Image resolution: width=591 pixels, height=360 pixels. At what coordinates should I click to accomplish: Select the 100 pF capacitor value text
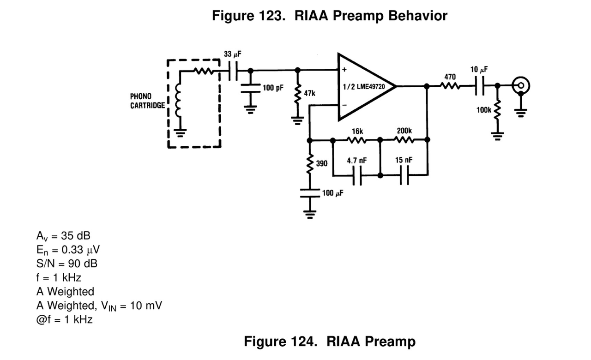[x=273, y=88]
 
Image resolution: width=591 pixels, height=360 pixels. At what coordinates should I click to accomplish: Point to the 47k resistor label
[x=309, y=93]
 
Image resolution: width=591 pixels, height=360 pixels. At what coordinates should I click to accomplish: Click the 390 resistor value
[x=322, y=163]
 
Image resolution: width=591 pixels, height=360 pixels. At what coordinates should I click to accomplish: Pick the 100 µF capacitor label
[x=332, y=193]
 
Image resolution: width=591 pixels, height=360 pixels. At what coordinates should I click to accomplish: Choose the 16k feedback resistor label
[x=357, y=132]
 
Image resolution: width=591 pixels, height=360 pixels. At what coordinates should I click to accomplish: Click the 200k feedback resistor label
[x=404, y=132]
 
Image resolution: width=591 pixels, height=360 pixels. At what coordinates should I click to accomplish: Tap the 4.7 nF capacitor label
[x=357, y=160]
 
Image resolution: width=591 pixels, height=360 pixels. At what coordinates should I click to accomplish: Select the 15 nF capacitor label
[x=404, y=160]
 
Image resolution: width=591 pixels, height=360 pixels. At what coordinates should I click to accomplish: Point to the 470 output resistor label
[x=450, y=76]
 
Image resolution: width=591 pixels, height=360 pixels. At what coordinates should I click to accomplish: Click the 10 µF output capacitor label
[x=479, y=70]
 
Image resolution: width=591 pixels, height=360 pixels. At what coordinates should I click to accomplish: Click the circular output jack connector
[x=521, y=85]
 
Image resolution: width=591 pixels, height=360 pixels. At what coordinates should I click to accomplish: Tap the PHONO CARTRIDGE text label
[x=147, y=101]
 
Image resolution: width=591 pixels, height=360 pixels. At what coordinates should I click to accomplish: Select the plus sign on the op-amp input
[x=344, y=70]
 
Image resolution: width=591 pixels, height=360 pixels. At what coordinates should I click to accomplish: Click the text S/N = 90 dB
[x=66, y=264]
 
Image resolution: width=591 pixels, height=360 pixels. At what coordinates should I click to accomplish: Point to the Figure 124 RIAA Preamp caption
[x=330, y=342]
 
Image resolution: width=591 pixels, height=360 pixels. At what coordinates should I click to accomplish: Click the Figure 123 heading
[x=330, y=16]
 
